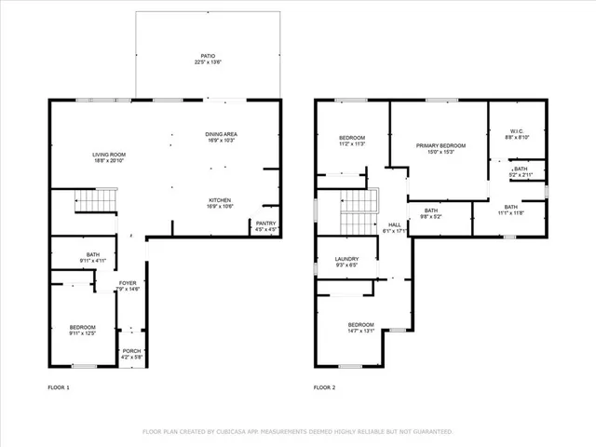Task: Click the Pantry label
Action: coord(265,225)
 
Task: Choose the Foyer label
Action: coord(129,285)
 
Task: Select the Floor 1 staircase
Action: coord(93,199)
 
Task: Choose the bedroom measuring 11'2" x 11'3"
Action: coord(352,141)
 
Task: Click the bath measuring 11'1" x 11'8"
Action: coord(510,210)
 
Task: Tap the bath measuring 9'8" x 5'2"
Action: coord(431,213)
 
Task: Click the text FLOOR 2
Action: coord(322,386)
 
